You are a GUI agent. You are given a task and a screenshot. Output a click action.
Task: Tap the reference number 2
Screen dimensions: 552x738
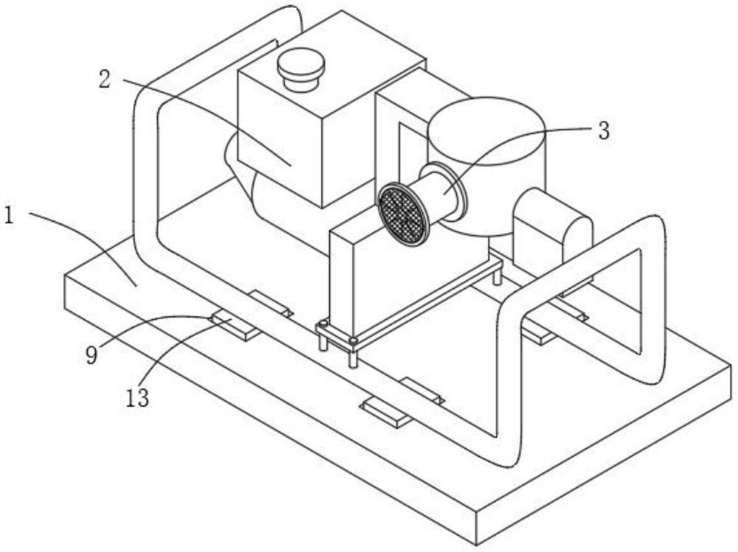[x=105, y=80]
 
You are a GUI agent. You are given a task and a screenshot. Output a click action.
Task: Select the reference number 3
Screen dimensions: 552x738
[x=604, y=131]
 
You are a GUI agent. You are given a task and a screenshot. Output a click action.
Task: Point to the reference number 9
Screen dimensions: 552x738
[x=91, y=354]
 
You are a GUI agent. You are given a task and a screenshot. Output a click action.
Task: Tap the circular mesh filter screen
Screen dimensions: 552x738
[x=403, y=214]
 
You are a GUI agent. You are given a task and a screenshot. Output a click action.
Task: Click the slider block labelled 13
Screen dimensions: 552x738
[x=235, y=324]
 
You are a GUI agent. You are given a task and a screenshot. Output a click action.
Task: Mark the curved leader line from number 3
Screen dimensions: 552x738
[x=517, y=136]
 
